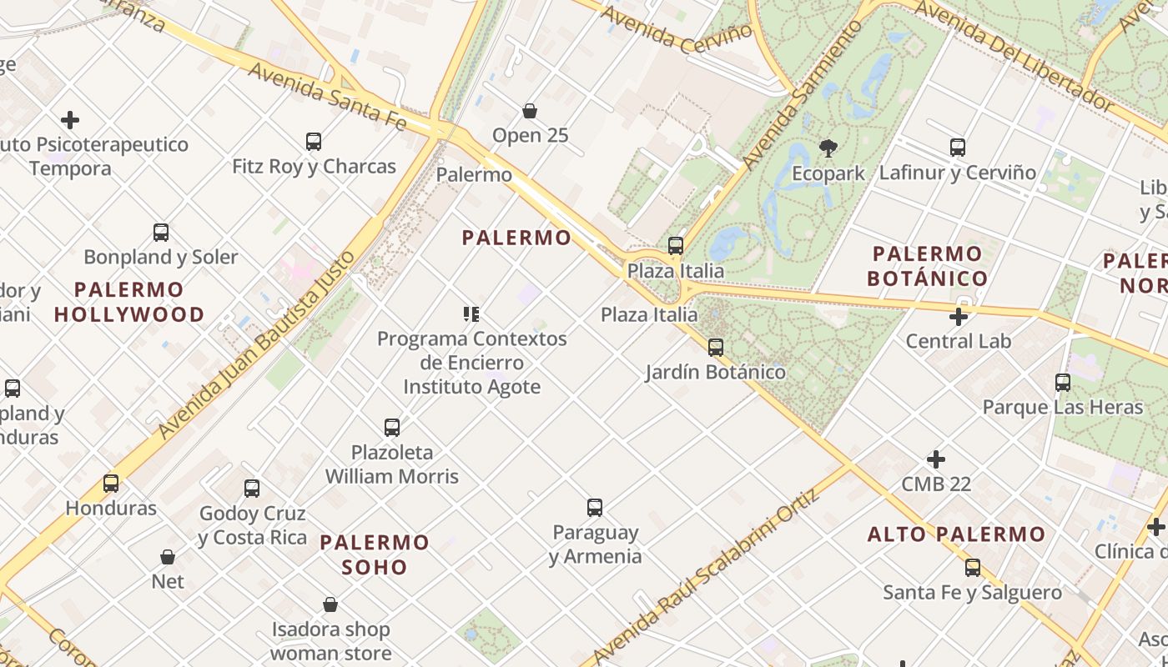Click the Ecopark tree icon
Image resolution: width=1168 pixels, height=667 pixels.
[828, 149]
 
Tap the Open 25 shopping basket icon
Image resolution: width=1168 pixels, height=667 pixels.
[529, 111]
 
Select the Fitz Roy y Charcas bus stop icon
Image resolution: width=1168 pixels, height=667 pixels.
[314, 142]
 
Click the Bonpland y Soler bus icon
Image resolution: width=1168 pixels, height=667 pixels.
[161, 233]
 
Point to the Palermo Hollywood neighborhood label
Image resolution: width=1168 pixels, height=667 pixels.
[129, 302]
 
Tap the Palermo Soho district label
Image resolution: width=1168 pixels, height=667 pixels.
[375, 554]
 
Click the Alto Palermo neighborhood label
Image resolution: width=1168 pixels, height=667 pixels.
[956, 534]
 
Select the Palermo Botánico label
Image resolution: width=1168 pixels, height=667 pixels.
[927, 266]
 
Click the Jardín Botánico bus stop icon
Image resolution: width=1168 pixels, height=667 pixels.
[716, 348]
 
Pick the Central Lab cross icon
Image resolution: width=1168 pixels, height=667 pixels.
[959, 317]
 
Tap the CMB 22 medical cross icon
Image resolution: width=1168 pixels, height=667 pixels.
[936, 459]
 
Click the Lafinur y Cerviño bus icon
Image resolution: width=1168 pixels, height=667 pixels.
[958, 148]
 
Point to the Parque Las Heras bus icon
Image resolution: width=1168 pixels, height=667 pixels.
[1063, 383]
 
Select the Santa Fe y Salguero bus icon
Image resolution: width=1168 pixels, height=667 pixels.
[973, 569]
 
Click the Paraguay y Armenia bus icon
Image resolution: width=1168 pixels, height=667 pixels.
[595, 508]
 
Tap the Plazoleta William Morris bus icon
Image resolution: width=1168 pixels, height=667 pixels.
[392, 428]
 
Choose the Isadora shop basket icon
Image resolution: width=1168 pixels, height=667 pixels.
[330, 604]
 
